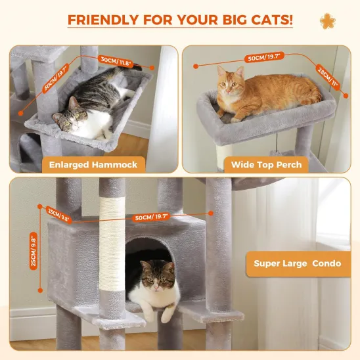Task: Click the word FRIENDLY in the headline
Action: [x=102, y=19]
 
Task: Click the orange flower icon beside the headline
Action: [x=326, y=21]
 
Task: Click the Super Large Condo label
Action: [x=298, y=264]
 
